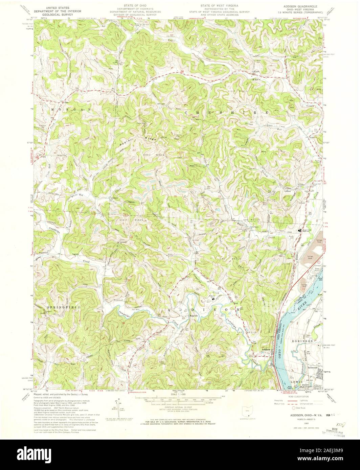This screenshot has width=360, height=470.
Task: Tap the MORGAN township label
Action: tap(66, 110)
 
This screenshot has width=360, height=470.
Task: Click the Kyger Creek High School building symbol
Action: tap(299, 231)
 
